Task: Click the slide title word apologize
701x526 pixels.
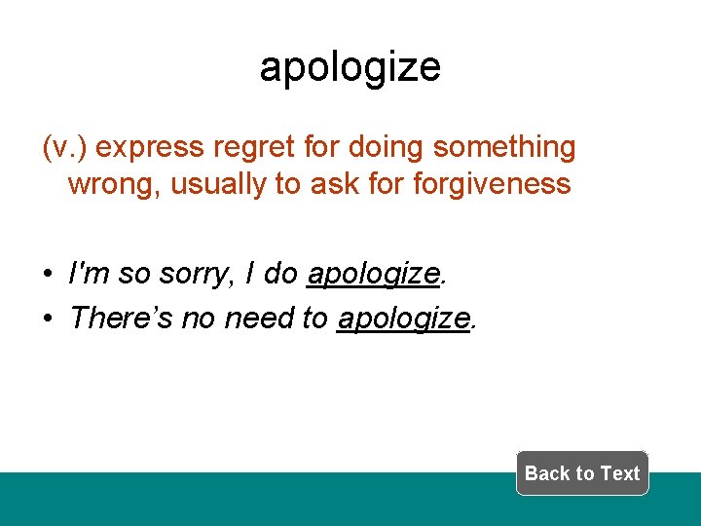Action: click(x=350, y=67)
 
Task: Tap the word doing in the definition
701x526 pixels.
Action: click(x=387, y=148)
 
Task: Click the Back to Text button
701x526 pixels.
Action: click(x=581, y=473)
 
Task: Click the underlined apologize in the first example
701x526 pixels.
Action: click(x=373, y=276)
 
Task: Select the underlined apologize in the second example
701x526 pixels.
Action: click(x=403, y=318)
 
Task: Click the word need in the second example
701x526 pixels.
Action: click(x=259, y=318)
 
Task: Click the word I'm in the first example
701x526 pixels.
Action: click(x=89, y=275)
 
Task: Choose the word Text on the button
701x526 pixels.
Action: click(x=619, y=473)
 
